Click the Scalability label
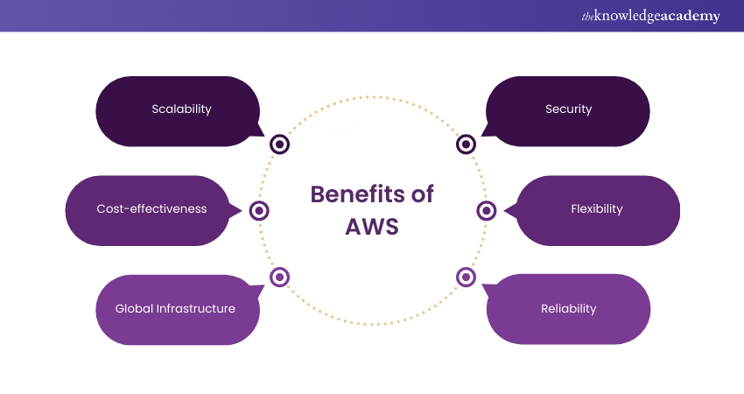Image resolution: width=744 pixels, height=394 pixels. pos(181,109)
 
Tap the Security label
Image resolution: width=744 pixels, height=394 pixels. pos(568,109)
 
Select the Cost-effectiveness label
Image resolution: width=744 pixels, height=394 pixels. pos(151,209)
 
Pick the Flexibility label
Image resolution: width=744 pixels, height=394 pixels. pos(596,209)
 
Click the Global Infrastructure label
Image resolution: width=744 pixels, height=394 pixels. pos(175,308)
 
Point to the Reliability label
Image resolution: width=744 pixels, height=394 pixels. pos(568,308)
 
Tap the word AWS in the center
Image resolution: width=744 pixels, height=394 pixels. pos(372,226)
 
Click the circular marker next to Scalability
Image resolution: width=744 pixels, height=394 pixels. pos(279,144)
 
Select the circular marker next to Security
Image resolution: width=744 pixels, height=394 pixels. pos(466,144)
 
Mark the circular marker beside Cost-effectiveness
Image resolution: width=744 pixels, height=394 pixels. pos(258,210)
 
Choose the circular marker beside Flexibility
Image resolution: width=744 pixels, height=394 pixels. pos(487,210)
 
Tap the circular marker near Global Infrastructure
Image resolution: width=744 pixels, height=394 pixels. pos(279,277)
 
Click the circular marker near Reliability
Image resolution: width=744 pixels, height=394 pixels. pos(466,277)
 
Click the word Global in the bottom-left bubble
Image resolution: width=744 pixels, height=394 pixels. pos(133,308)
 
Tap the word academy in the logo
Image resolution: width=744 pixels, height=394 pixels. pos(688,16)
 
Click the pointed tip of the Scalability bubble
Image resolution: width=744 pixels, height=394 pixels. pos(264,135)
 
